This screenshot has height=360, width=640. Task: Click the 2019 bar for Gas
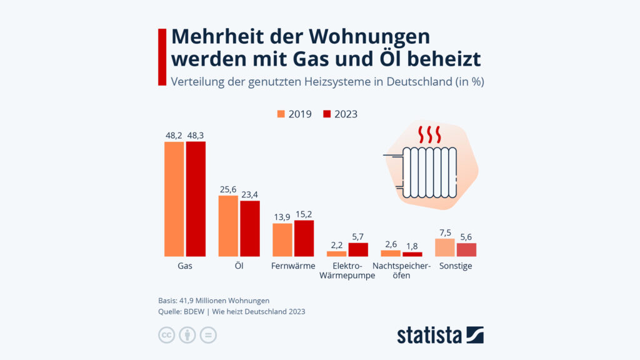click(174, 199)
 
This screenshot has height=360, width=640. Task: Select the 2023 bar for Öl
click(250, 228)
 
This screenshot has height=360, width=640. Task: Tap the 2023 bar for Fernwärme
click(304, 238)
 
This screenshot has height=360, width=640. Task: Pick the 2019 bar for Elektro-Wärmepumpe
click(336, 253)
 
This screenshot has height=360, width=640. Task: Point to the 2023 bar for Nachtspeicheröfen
click(412, 254)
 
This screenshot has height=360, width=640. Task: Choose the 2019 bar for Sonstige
click(444, 247)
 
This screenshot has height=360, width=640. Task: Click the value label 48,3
click(196, 135)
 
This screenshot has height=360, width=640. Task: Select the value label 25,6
click(227, 189)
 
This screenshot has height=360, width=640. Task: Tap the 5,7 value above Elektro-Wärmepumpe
click(358, 236)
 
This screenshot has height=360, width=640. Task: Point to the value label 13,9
click(282, 217)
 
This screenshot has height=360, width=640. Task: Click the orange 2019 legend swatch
click(281, 114)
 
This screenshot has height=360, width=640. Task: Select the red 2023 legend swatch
click(327, 114)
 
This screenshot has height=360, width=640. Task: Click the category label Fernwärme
click(293, 266)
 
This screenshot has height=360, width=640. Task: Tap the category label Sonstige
click(456, 266)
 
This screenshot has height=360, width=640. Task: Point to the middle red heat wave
click(429, 134)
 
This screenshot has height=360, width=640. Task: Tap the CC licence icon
click(166, 335)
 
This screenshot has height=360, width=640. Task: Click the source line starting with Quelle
click(232, 311)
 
